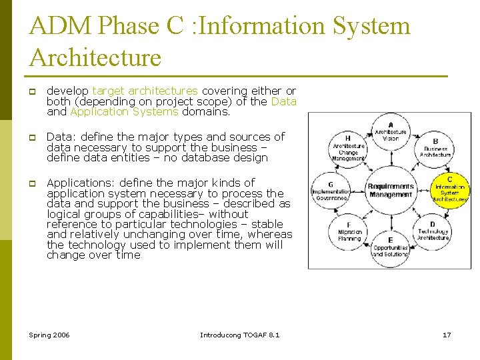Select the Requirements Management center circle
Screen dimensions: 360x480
[x=390, y=190]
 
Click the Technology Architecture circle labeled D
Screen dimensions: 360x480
[x=433, y=231]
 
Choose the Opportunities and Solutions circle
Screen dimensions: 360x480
[x=390, y=248]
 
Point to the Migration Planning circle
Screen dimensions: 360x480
[x=349, y=231]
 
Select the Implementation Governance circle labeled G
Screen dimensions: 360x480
[x=331, y=190]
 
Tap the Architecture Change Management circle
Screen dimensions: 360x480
[x=348, y=148]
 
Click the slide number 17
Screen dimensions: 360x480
[x=447, y=334]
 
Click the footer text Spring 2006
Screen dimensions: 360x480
[x=49, y=334]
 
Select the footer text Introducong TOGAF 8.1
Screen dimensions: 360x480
[x=240, y=334]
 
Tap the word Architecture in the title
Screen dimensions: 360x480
[x=95, y=57]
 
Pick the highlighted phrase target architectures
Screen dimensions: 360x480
[x=145, y=91]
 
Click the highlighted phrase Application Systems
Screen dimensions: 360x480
[x=124, y=112]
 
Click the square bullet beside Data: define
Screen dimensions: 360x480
[x=31, y=137]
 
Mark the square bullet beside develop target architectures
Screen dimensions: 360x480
[x=31, y=91]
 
